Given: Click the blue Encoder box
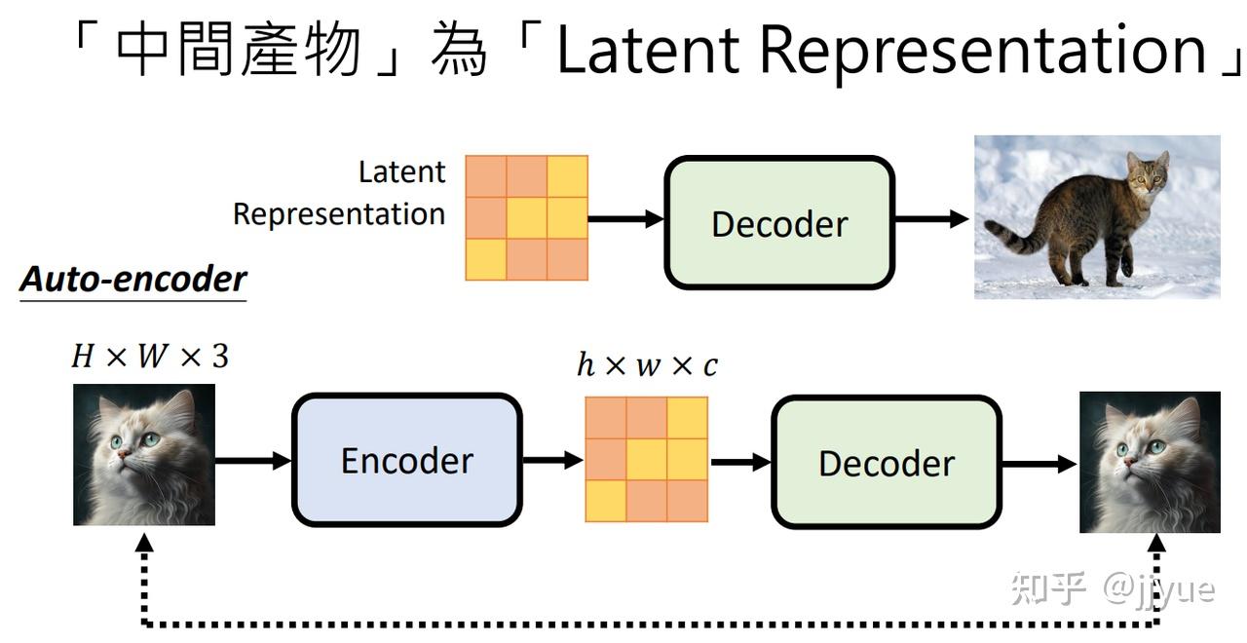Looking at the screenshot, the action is coord(407,461).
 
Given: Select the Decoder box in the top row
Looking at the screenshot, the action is coord(779,223).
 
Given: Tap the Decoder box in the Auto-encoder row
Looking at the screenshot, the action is coord(887,462).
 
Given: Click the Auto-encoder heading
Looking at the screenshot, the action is coord(133,279).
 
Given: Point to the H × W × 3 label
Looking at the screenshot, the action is coord(150,356).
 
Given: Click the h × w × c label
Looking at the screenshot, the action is coord(648,365).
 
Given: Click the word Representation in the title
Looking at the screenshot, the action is coord(983,53).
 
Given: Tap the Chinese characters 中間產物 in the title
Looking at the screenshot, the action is coord(240,49).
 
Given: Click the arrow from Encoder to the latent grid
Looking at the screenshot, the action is coord(552,460).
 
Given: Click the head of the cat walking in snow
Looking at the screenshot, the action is coord(1148,173).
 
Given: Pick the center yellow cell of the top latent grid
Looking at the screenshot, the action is coord(527,217).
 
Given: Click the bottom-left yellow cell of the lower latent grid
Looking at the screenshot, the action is coord(606,501).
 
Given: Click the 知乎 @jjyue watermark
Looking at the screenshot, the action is coord(1113,589).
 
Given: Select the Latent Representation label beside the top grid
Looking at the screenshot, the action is coord(340,193).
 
